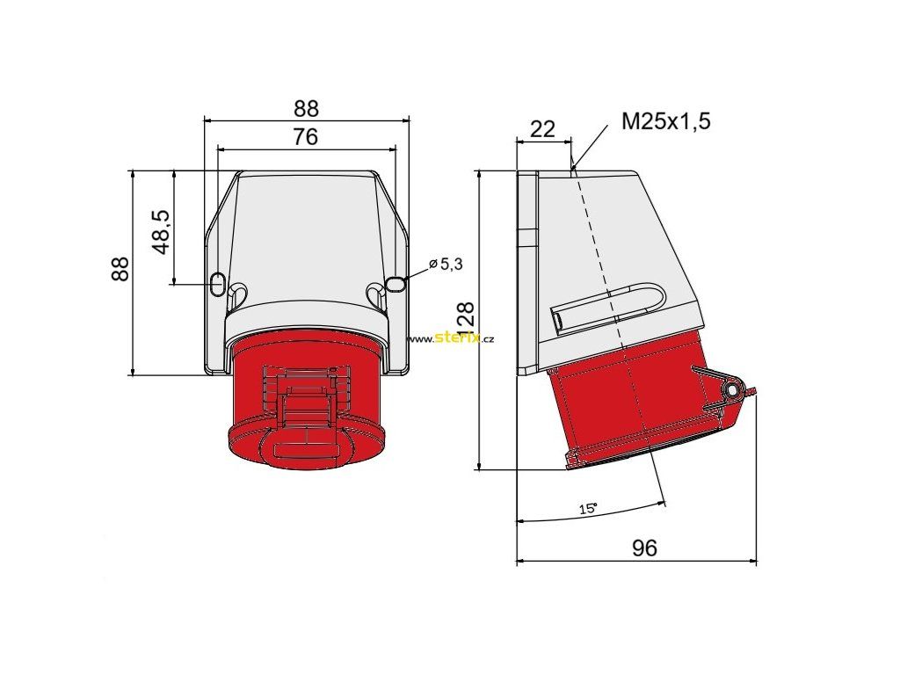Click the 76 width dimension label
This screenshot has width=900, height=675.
[x=305, y=136]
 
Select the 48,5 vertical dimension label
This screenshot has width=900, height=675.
[x=163, y=232]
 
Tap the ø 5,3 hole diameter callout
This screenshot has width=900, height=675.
[x=446, y=264]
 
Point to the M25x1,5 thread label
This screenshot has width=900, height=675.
[x=666, y=121]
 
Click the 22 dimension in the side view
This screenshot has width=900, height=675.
[x=541, y=129]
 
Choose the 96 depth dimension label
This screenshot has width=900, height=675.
[x=644, y=548]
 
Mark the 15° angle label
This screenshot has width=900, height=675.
[x=588, y=508]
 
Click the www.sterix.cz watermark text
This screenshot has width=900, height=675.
[x=451, y=338]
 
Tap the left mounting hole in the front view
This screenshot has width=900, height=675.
[x=218, y=284]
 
